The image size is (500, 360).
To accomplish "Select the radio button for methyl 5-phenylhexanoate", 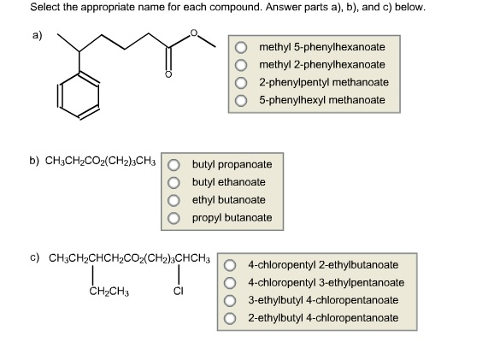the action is [x=241, y=48].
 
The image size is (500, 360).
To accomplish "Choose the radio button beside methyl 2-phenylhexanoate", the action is [x=241, y=65].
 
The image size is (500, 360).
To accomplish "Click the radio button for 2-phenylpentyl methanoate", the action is [x=241, y=83].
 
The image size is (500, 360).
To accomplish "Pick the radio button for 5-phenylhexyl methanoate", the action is [x=241, y=101].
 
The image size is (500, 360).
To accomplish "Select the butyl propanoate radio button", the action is [x=174, y=165].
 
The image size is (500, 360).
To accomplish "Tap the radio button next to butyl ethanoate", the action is [x=174, y=182].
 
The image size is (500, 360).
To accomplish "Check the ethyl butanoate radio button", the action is [x=174, y=200].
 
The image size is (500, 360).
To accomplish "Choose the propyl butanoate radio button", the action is [x=174, y=218].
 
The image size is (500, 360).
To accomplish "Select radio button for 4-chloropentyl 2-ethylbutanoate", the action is [x=230, y=265].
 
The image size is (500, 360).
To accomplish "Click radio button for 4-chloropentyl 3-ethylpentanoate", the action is [x=230, y=283].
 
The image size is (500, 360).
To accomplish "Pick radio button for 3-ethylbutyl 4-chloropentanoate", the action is [x=230, y=300].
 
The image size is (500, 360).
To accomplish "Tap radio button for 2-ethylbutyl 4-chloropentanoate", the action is [x=230, y=318].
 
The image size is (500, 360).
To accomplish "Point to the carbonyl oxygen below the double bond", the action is [x=168, y=74].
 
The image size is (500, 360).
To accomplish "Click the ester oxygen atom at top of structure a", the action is [x=193, y=32].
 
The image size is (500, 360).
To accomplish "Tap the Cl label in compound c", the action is [x=179, y=291].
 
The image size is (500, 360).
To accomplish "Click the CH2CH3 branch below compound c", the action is [x=109, y=292].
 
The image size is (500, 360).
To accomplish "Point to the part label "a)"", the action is [x=37, y=35].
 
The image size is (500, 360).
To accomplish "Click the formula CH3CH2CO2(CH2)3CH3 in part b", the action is [x=101, y=162].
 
